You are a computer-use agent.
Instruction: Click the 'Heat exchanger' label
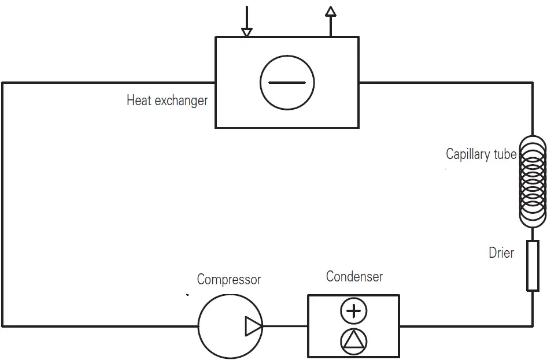167,101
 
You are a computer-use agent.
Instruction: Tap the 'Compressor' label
229,280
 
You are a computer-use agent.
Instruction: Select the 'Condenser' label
354,276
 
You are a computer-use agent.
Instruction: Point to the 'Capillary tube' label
481,154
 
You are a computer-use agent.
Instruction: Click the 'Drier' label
501,252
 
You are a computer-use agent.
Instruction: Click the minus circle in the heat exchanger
287,83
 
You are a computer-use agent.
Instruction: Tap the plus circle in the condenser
354,311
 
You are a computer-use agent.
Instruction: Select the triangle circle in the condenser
354,341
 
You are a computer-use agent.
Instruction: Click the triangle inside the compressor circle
253,326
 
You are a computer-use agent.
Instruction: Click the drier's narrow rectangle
533,266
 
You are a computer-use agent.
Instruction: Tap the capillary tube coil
533,181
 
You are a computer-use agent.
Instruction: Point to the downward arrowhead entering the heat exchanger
247,32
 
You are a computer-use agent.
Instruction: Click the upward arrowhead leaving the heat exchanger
331,11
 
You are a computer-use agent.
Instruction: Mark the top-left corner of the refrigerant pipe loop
3,83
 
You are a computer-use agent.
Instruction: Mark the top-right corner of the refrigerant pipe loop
533,83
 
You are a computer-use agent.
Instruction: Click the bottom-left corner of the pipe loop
3,326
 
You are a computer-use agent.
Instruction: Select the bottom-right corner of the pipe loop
533,326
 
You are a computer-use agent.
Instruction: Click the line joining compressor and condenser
285,326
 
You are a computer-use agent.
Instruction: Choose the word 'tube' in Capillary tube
504,154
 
